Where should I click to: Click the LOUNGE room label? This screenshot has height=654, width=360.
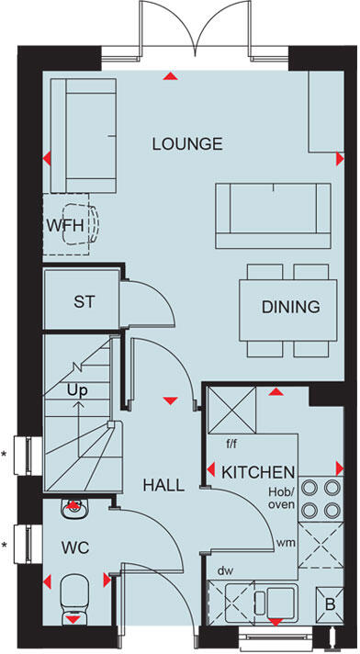(187, 144)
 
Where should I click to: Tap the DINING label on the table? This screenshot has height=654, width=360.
(290, 307)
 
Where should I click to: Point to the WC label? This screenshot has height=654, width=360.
(74, 547)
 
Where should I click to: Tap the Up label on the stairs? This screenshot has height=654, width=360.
(77, 390)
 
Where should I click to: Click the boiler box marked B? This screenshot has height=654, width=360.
(330, 606)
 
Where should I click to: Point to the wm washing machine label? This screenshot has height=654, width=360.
(287, 544)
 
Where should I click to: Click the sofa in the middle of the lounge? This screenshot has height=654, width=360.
(273, 215)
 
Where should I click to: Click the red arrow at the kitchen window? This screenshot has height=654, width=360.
(273, 622)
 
